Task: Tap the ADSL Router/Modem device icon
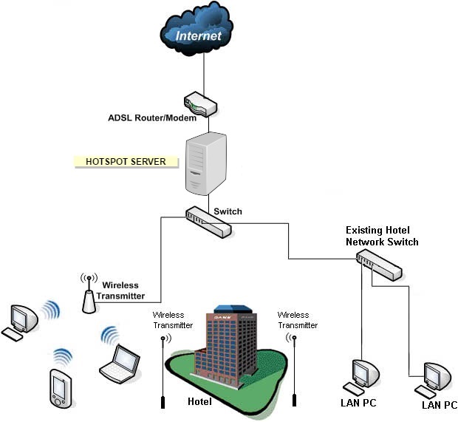[199, 103]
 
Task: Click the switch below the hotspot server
[209, 222]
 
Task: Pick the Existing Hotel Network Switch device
[378, 264]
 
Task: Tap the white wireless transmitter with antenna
[89, 296]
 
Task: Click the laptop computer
[119, 358]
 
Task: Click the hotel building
[229, 347]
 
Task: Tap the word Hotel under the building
[199, 402]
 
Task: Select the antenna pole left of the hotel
[163, 370]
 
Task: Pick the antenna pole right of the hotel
[294, 370]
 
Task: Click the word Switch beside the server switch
[228, 211]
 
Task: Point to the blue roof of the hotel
[231, 308]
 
